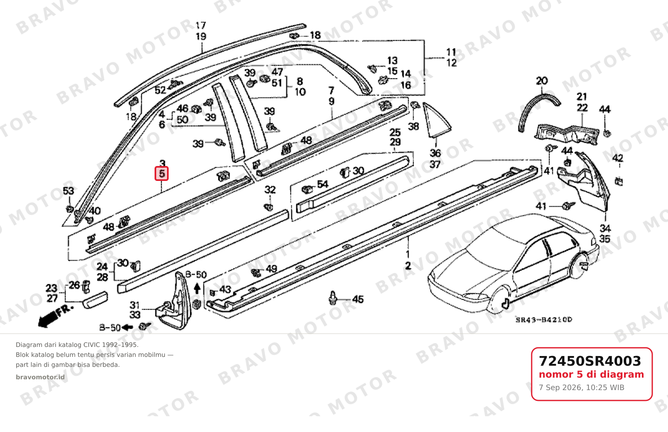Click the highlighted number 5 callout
(162, 173)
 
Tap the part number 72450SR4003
(590, 361)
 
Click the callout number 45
(358, 299)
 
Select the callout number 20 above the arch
(542, 81)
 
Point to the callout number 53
(68, 190)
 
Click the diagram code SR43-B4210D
(544, 320)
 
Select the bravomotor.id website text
(40, 377)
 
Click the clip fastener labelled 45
(333, 298)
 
